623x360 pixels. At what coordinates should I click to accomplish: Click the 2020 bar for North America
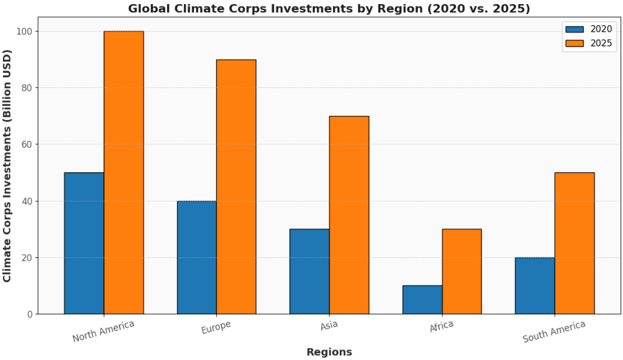coord(84,243)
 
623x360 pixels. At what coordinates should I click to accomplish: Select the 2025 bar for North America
coord(124,172)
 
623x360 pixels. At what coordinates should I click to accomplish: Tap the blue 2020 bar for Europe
coord(196,257)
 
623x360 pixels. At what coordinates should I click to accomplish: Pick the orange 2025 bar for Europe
coord(236,186)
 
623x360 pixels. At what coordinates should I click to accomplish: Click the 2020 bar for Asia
coord(309,271)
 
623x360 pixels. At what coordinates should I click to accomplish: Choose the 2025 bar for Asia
coord(349,215)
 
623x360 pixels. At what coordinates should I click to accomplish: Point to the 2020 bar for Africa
coord(422,300)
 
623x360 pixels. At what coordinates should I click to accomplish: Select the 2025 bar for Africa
coord(462,271)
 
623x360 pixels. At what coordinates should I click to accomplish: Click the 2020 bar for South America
coord(535,286)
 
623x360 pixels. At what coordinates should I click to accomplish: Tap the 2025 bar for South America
coord(574,243)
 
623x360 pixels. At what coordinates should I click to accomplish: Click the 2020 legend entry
coord(588,29)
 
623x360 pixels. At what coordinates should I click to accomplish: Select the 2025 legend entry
coord(588,43)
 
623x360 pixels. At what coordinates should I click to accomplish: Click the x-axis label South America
coord(554,332)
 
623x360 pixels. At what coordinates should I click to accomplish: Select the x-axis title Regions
coord(329,352)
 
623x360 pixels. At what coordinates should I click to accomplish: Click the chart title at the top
coord(329,8)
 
